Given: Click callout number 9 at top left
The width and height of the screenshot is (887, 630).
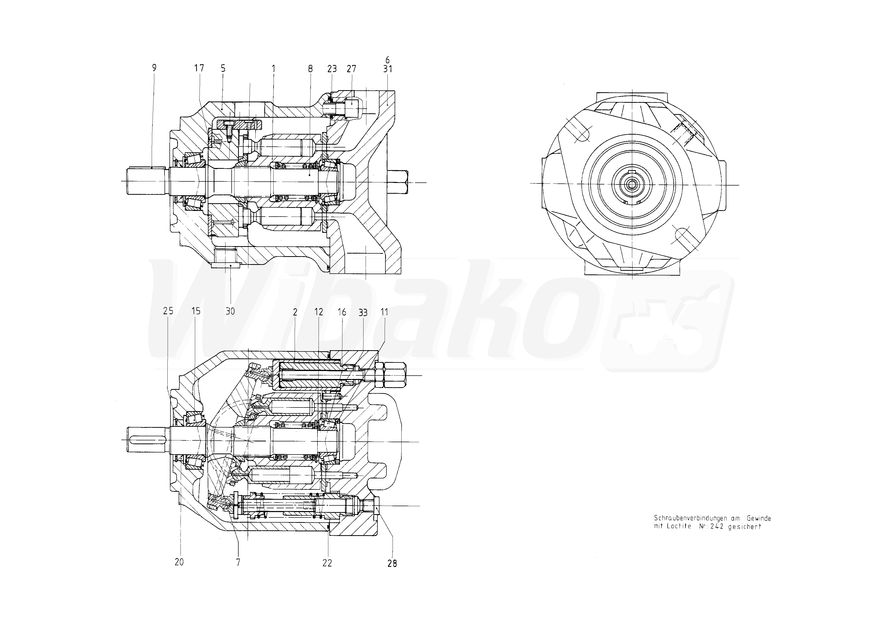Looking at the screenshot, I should tap(154, 68).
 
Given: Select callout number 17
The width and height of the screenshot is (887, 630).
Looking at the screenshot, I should tap(199, 68).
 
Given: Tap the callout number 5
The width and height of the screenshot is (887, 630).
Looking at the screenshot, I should tap(223, 68).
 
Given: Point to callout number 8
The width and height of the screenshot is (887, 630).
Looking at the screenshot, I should tap(310, 69).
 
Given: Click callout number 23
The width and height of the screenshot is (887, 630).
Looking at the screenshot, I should tap(332, 69).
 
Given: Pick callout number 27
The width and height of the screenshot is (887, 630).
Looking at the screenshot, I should tap(351, 69).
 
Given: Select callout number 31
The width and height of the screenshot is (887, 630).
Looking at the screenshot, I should tap(387, 69).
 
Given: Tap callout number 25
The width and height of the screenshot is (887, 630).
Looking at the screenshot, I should tap(168, 311).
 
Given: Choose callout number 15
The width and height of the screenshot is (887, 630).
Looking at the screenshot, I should tap(196, 311).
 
